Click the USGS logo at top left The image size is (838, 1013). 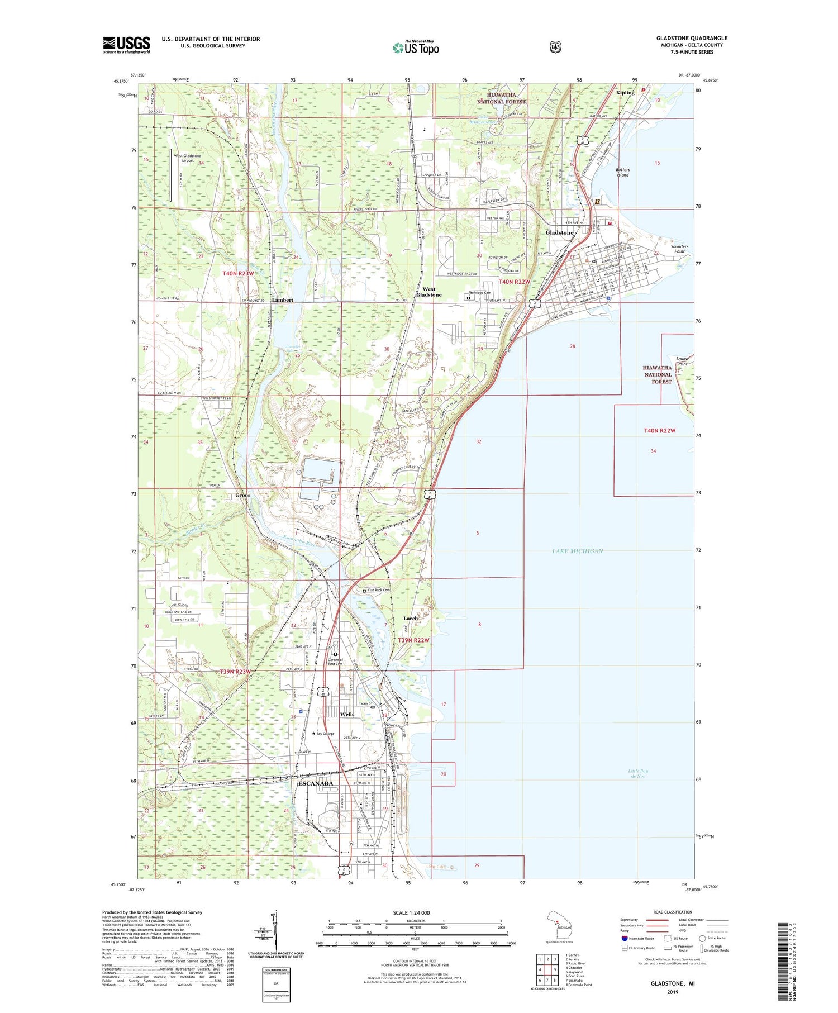(126, 45)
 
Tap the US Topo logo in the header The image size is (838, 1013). (416, 47)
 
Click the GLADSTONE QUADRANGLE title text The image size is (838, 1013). (692, 38)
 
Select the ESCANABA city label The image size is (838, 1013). (316, 783)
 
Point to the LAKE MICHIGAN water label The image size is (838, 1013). (577, 551)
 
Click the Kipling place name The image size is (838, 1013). (625, 93)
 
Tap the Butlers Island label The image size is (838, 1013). (622, 172)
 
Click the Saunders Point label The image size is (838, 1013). (679, 249)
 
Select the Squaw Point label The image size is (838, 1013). (682, 361)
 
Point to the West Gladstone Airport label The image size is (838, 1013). (187, 158)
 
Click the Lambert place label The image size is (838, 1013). (282, 300)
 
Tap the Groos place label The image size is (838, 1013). (242, 495)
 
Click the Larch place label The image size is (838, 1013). (410, 619)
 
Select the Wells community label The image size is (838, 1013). (347, 714)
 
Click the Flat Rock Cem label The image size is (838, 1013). (379, 590)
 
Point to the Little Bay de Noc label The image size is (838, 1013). (637, 773)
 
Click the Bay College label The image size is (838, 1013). (325, 734)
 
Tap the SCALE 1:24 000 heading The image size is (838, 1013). (411, 913)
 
